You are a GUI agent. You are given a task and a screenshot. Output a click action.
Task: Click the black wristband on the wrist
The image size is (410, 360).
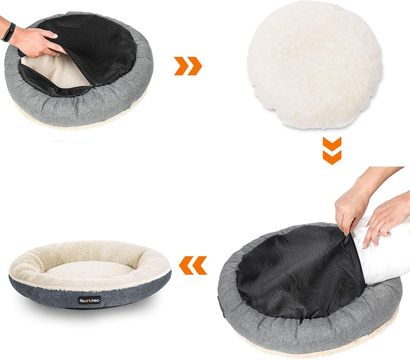coord(8,32)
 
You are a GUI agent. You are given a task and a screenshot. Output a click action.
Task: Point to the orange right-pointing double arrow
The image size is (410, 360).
coord(188,66)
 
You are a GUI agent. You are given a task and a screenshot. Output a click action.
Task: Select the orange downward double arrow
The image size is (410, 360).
coord(332,150)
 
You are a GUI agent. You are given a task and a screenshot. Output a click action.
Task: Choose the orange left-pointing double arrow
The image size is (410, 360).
coord(193,265)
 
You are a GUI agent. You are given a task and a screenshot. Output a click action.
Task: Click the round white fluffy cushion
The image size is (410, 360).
coord(315,64)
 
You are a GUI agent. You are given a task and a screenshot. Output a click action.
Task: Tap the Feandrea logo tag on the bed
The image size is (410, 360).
coord(90,300)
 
